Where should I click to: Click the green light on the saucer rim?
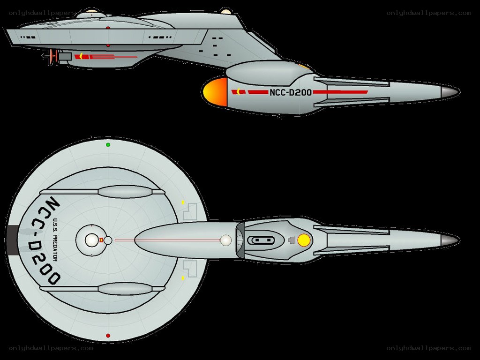click(x=108, y=145)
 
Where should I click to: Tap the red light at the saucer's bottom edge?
click(x=108, y=336)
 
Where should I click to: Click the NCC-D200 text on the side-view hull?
click(x=291, y=92)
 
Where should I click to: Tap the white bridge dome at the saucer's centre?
click(x=91, y=240)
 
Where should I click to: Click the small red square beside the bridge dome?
click(x=101, y=240)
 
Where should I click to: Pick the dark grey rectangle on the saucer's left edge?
click(x=12, y=240)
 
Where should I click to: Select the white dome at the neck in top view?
click(x=226, y=240)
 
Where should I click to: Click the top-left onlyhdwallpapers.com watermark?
click(x=43, y=13)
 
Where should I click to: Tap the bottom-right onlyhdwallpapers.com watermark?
click(x=428, y=348)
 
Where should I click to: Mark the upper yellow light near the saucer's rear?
click(x=183, y=202)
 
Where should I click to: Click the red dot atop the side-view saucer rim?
click(x=108, y=28)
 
